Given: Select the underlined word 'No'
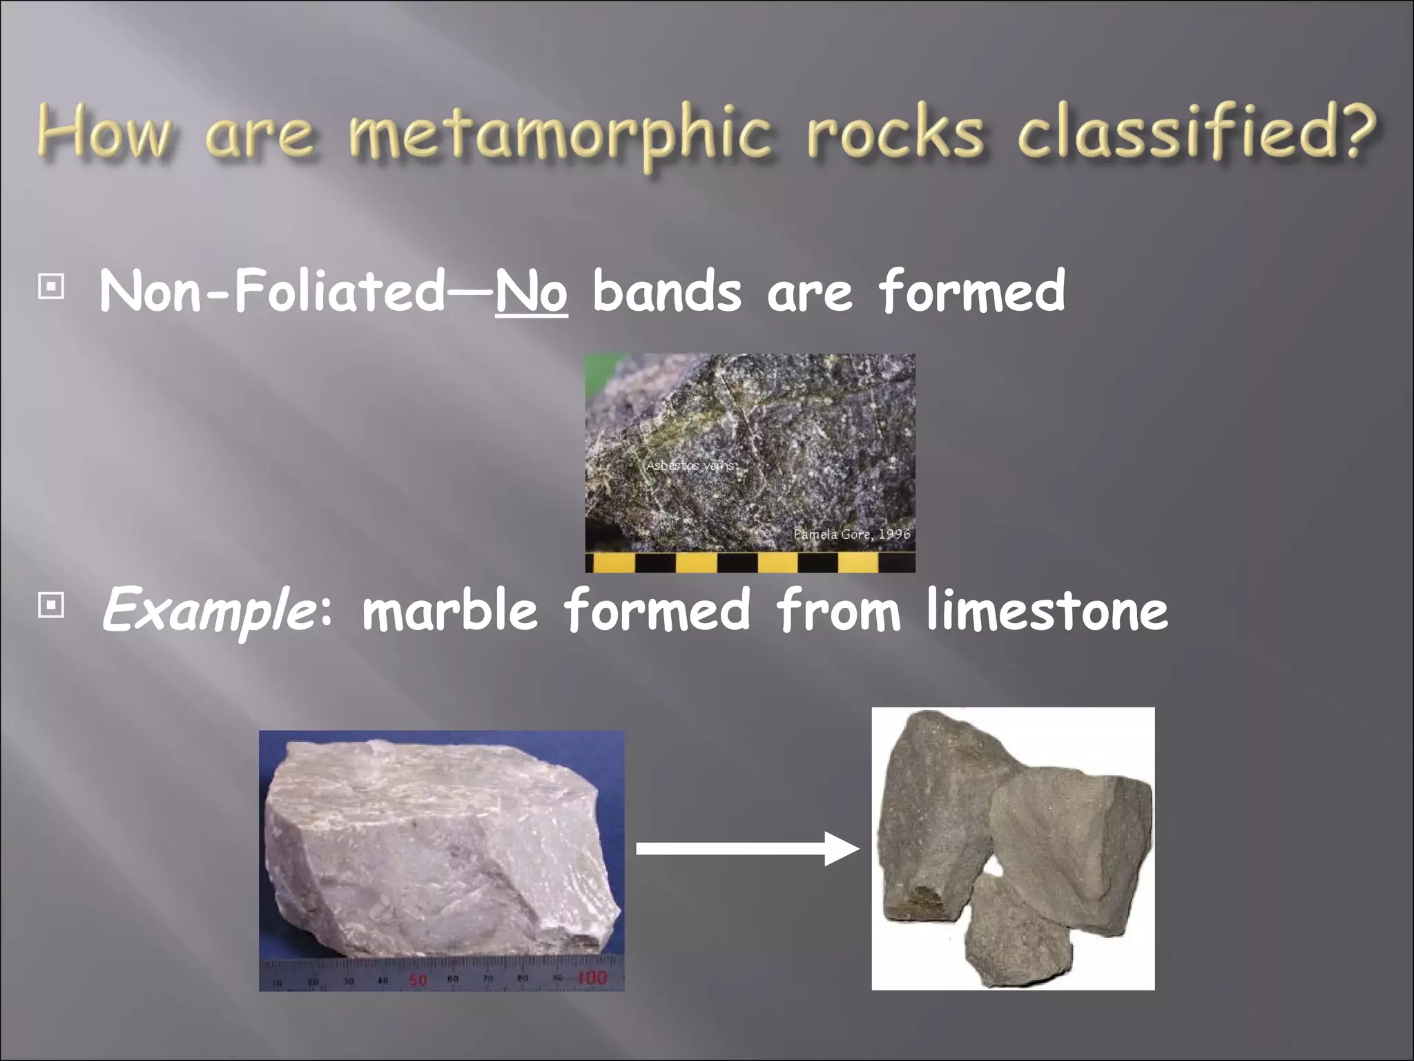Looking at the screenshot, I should click(531, 292).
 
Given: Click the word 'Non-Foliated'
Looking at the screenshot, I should click(273, 292).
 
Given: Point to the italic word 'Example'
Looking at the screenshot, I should click(208, 610).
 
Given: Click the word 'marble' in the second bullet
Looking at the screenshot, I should click(449, 610).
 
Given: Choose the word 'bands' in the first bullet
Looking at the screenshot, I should click(666, 292).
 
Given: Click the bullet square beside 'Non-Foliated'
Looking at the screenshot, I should click(51, 287).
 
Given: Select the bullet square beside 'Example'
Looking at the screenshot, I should click(51, 606).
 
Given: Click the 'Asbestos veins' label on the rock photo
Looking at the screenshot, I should click(690, 466).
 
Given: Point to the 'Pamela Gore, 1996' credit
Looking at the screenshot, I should click(851, 534).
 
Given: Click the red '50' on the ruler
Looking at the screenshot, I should click(418, 979).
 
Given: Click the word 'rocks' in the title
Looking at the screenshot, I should click(895, 133).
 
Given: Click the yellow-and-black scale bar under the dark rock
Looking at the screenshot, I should click(750, 562).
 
